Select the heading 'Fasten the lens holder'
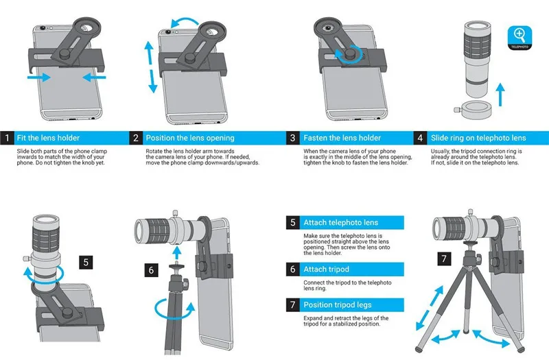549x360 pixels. (x=342, y=138)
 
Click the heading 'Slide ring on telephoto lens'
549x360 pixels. (x=478, y=138)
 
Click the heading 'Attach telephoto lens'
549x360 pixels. (x=342, y=223)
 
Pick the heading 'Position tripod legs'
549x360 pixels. (x=338, y=304)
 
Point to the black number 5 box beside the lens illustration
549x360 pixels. (x=86, y=262)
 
